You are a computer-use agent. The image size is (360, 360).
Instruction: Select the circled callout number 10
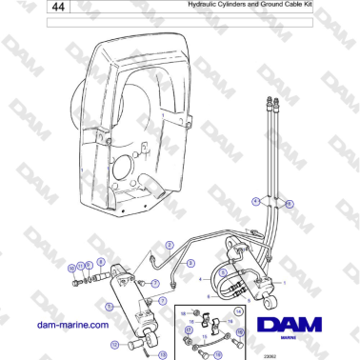point(72,269)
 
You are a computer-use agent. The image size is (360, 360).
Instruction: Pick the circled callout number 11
point(81,266)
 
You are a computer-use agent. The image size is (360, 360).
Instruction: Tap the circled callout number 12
point(114,345)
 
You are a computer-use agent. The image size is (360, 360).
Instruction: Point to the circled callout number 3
point(190,264)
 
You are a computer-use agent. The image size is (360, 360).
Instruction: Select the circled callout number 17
point(189,330)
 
